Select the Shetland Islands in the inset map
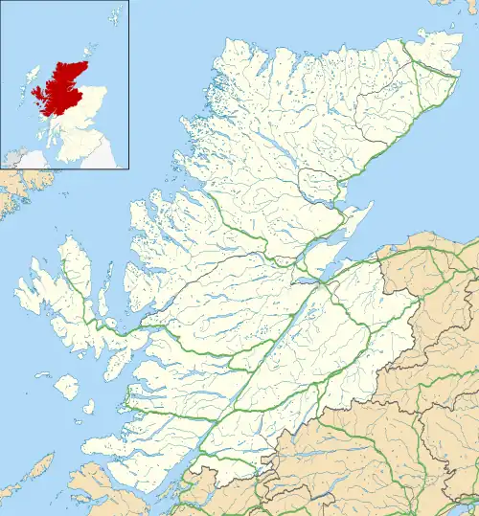[x=114, y=17]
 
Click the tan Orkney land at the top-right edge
[x=446, y=6]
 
